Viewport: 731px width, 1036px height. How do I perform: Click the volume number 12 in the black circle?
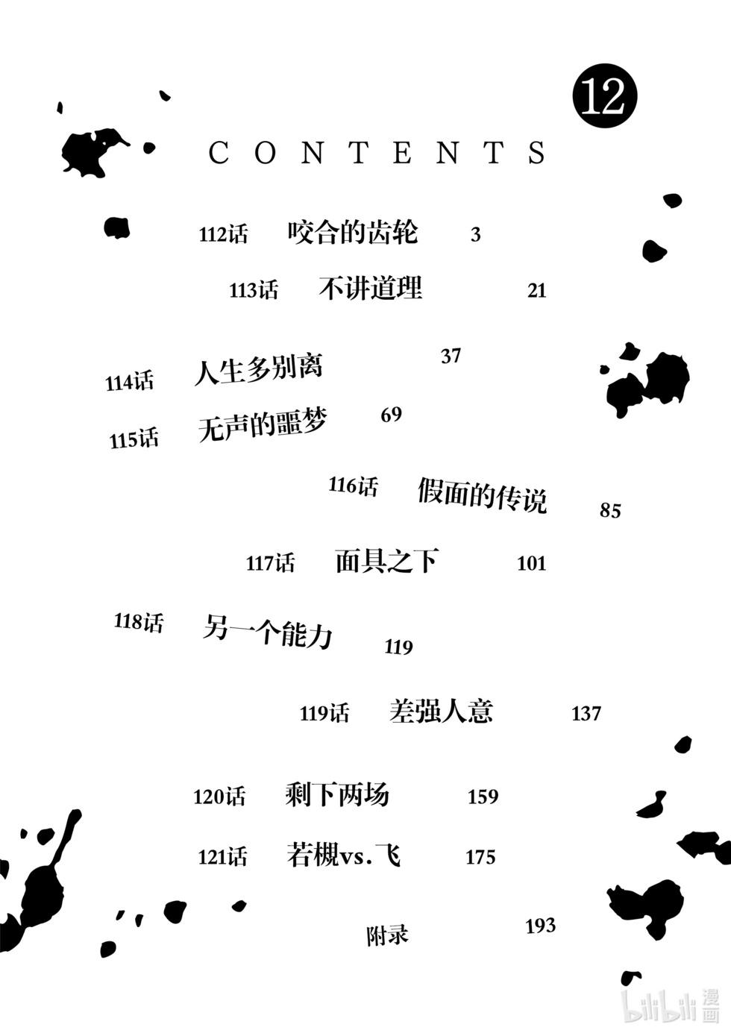coord(603,96)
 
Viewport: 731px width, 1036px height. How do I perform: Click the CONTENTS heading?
coord(377,153)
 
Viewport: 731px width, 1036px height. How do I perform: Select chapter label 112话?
coord(223,234)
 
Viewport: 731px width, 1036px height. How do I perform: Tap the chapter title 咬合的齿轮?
coord(353,233)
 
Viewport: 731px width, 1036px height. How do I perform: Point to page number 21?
coord(536,290)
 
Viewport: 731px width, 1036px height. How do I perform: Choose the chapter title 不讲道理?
coord(370,288)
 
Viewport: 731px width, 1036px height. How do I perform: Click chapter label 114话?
coord(129,382)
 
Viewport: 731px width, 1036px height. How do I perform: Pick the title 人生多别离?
coord(258,369)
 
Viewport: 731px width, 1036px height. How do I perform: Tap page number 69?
coord(391,415)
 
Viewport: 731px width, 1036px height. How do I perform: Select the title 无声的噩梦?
coord(263,425)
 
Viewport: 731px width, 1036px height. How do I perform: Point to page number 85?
coord(610,511)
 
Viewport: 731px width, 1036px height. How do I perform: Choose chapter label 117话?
coord(270,563)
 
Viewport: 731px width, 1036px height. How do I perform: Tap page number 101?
coord(532,563)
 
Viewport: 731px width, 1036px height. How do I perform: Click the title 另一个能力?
coord(268,631)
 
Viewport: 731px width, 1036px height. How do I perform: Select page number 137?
coord(586,714)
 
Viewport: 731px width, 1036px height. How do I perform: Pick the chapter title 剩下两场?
coord(337,794)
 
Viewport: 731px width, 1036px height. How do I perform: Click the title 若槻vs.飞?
coord(343,854)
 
